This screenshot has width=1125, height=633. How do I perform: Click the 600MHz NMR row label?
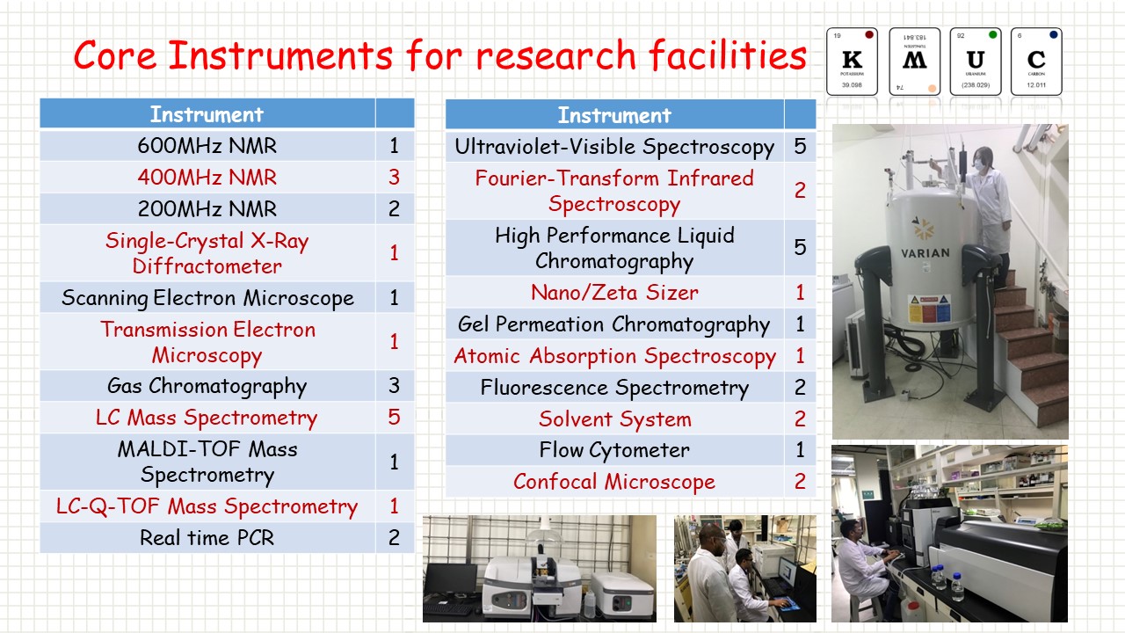coord(207,146)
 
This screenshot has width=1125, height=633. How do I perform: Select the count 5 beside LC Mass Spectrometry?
coord(394,417)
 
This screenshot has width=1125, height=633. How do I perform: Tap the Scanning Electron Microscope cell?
coord(207,297)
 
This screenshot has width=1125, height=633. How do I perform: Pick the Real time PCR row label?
coord(207,537)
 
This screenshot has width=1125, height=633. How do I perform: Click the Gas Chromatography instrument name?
coord(207,386)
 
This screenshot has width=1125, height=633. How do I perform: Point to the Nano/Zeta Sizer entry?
coord(614,292)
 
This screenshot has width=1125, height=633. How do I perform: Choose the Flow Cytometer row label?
coord(614,450)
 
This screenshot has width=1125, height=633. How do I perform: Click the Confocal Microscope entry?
coord(614,482)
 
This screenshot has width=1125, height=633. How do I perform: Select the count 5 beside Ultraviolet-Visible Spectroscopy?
coord(800,146)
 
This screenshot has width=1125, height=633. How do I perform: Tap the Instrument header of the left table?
coord(207,114)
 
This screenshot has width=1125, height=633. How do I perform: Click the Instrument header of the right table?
coord(614,115)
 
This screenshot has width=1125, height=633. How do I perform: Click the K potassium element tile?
coord(852,61)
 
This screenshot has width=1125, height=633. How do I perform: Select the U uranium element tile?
coord(975,61)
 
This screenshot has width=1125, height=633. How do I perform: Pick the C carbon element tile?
coord(1036,61)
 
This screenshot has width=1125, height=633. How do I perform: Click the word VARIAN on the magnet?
coord(925,253)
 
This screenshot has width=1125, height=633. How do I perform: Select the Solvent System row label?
coord(614,418)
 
